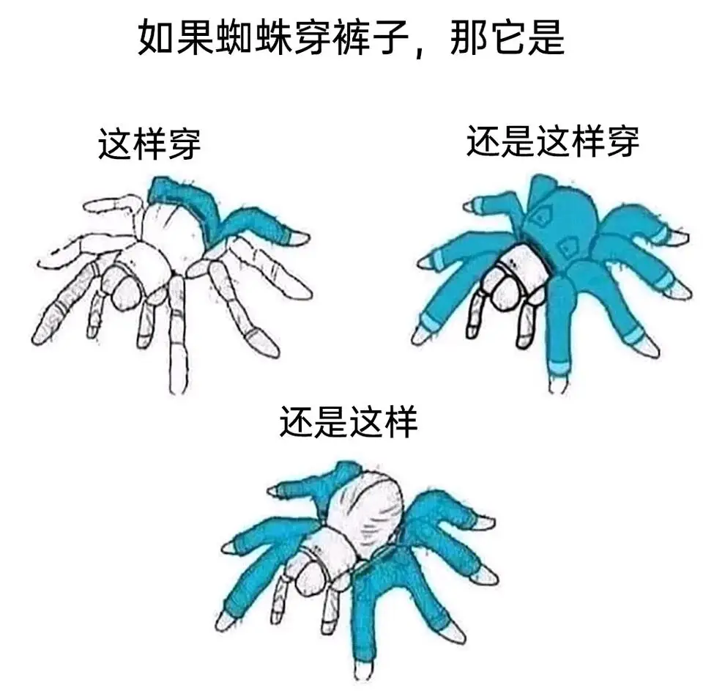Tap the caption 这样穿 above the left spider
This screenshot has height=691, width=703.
(x=149, y=144)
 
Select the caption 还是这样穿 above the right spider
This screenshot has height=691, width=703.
(x=552, y=141)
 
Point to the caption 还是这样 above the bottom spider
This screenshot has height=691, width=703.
(x=349, y=422)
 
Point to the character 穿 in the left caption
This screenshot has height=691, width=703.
(x=185, y=144)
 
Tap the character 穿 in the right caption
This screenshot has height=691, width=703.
(x=622, y=141)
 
